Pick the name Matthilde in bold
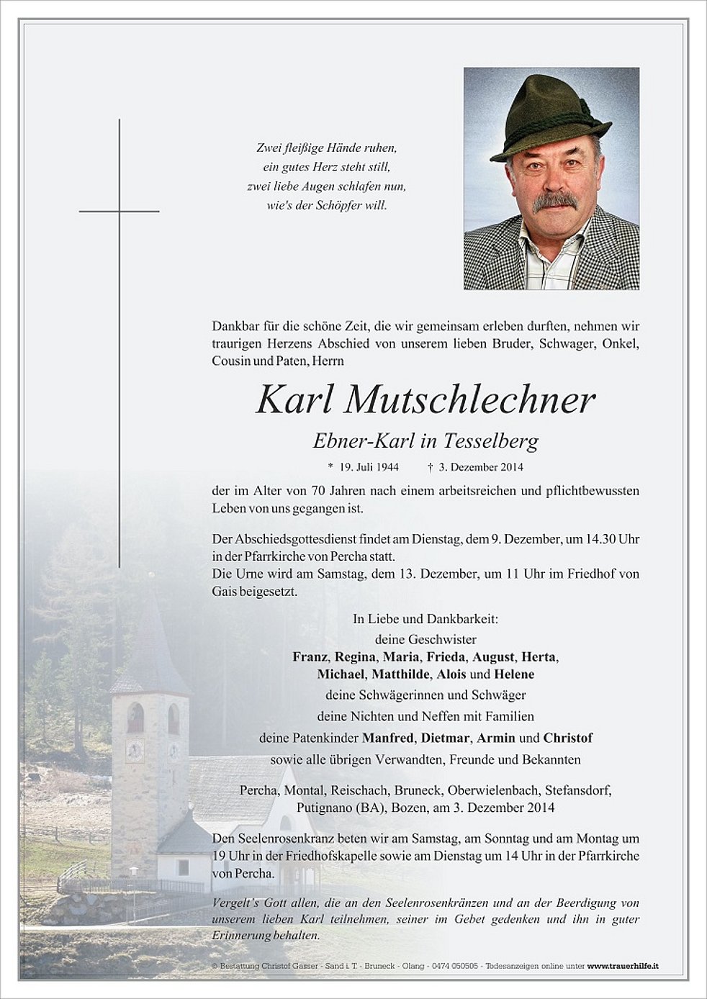pyautogui.click(x=401, y=674)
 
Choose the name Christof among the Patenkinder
pyautogui.click(x=568, y=738)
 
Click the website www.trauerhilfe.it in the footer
pyautogui.click(x=623, y=965)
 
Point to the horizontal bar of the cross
pyautogui.click(x=119, y=211)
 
